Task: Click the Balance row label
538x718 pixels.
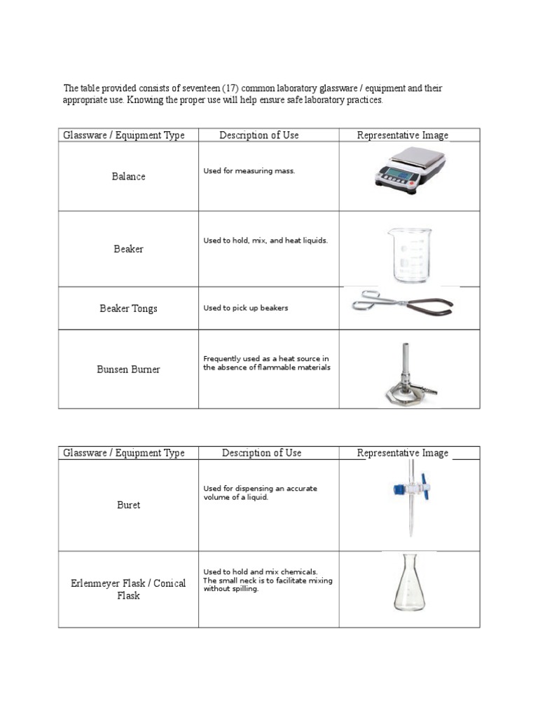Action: coord(128,177)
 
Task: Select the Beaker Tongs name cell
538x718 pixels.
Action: coord(128,309)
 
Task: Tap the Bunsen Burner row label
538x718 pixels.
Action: coord(128,370)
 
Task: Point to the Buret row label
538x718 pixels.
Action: coord(128,505)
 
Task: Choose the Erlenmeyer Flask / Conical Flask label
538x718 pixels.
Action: coord(128,590)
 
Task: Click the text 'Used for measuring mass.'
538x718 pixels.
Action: coord(249,171)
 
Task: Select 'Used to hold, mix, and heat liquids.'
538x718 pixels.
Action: coord(265,241)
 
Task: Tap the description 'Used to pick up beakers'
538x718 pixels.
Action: coord(246,308)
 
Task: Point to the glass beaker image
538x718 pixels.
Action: coord(411,254)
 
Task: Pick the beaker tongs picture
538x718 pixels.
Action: coord(402,304)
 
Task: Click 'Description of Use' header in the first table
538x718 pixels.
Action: coord(258,135)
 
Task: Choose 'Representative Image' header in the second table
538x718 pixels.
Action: coord(402,453)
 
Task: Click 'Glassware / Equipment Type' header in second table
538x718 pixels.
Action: coord(124,453)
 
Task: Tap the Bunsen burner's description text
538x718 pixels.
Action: coord(266,363)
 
